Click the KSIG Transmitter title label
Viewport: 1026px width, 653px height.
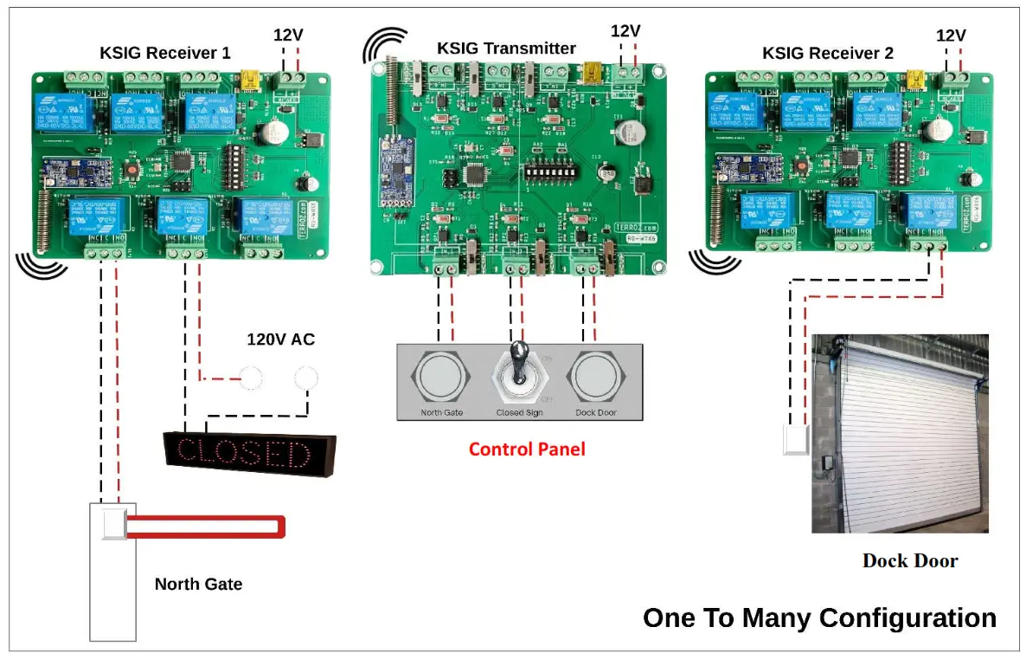coord(506,48)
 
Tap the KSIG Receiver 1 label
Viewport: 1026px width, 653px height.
coord(165,53)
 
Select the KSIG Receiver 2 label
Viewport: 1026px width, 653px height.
coord(827,53)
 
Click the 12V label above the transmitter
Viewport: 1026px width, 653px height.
coord(625,31)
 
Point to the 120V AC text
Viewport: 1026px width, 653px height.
coord(280,339)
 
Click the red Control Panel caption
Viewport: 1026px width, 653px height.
coord(527,449)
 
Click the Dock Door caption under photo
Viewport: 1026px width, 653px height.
coord(910,560)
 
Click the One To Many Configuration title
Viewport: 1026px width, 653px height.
coord(819,617)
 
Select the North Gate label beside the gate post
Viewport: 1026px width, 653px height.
coord(198,584)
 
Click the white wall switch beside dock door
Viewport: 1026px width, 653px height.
coord(795,439)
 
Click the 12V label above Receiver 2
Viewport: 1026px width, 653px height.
coord(951,36)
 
